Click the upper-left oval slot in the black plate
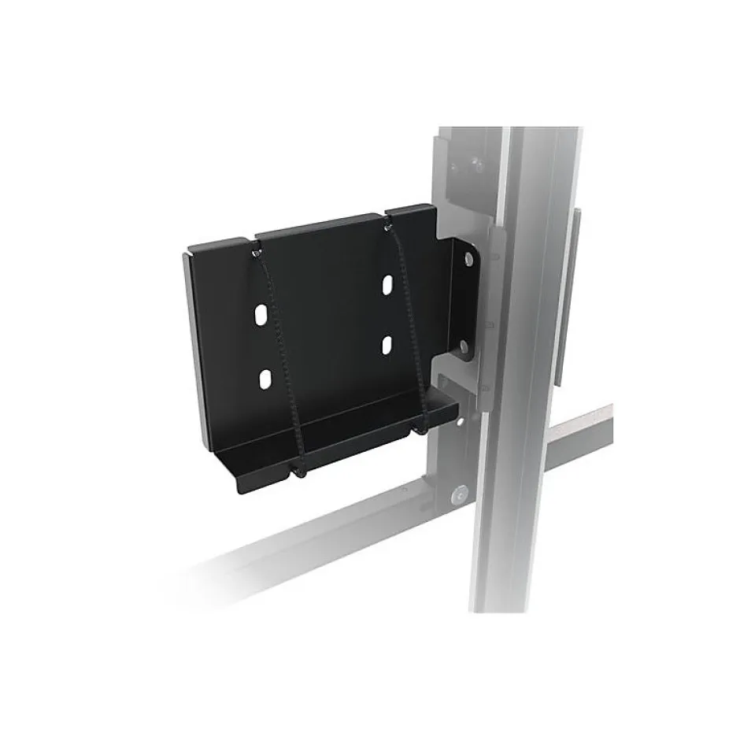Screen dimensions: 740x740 click(x=260, y=317)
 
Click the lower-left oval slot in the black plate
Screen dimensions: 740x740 click(x=265, y=379)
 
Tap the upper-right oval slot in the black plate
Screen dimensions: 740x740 click(x=388, y=283)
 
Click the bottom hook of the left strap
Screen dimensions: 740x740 click(x=300, y=472)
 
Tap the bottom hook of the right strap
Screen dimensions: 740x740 click(x=423, y=430)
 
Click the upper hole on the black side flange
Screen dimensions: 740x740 click(x=468, y=258)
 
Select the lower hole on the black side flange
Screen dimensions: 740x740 click(x=464, y=345)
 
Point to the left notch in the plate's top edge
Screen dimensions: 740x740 click(x=253, y=238)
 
